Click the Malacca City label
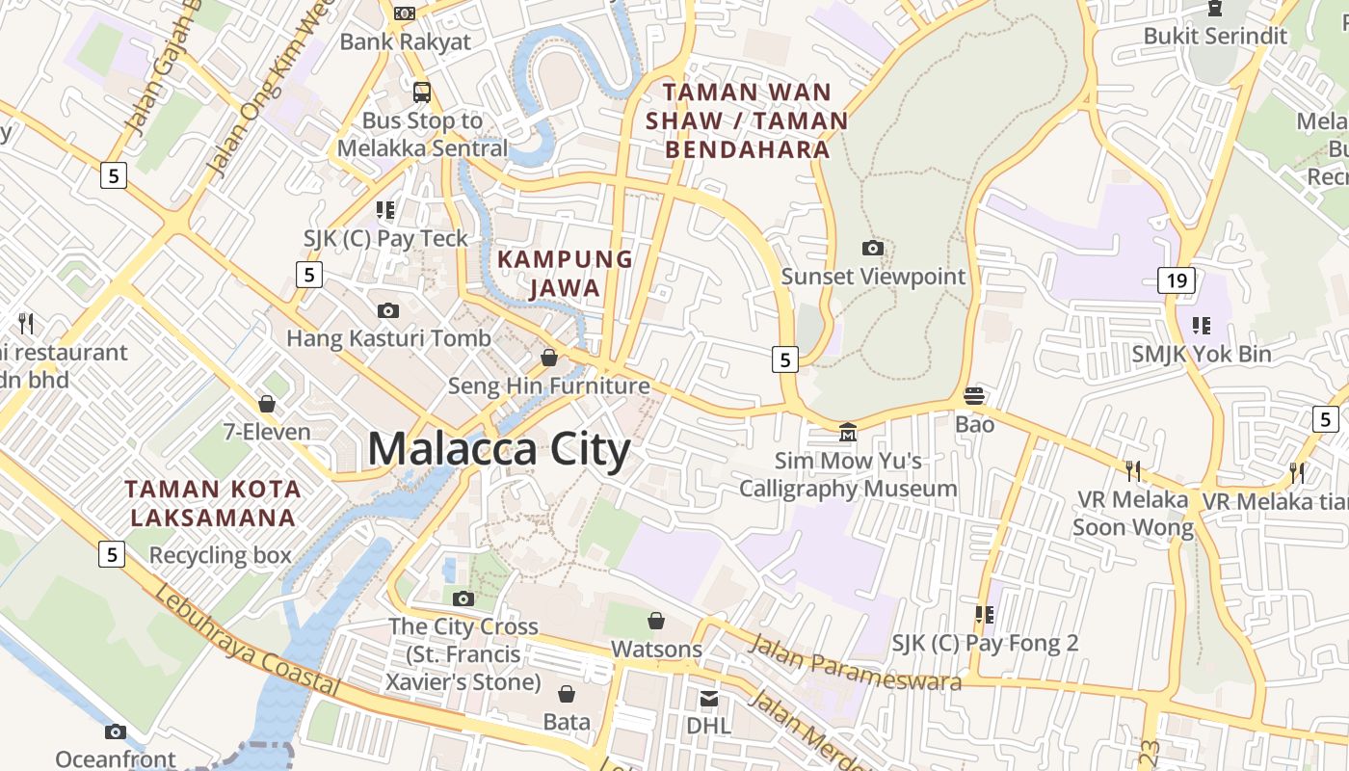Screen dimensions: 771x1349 [499, 450]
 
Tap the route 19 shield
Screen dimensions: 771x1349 [1176, 280]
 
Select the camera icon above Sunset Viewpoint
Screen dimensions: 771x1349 [873, 249]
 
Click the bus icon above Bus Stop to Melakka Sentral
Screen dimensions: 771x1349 [422, 93]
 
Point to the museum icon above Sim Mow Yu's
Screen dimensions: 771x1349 [847, 432]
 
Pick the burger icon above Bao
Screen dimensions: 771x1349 [974, 396]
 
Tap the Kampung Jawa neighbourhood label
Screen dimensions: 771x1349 [565, 274]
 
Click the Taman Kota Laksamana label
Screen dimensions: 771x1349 [213, 503]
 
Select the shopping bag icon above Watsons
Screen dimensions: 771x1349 [656, 621]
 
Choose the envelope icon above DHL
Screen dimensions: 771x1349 [708, 698]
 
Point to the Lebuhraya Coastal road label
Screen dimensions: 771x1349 [246, 640]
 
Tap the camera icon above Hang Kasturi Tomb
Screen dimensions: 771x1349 [388, 310]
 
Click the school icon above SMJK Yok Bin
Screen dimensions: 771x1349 [1201, 326]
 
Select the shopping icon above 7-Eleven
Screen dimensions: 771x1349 [267, 404]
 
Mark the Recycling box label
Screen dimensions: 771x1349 [220, 555]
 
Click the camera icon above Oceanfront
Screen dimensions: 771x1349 [116, 732]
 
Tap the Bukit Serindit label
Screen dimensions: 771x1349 [1215, 36]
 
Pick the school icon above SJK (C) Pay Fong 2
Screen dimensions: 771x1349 [984, 614]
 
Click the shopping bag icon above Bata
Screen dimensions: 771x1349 [567, 694]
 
